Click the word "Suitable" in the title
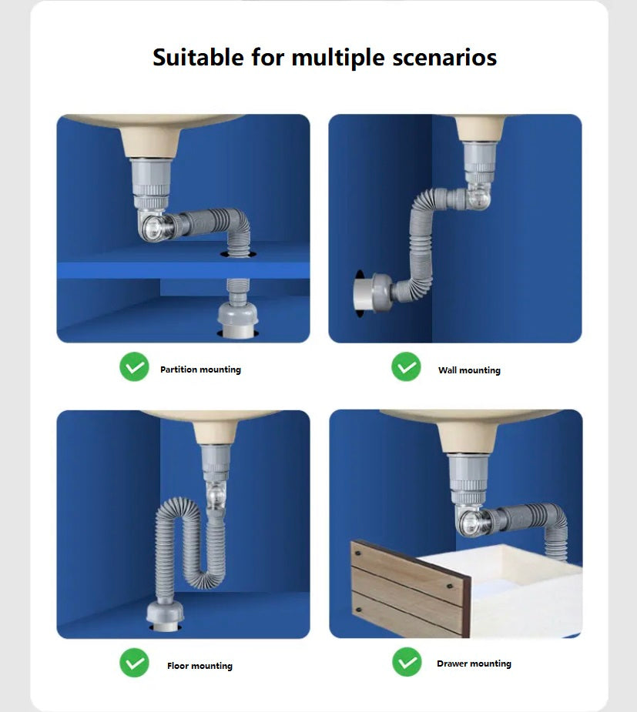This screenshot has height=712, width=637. pos(198,57)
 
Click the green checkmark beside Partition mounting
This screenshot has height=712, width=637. pos(135,366)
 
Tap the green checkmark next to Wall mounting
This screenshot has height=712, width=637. pos(406,366)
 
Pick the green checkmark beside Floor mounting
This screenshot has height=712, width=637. pos(135,663)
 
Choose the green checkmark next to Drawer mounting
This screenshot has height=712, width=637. pos(407,662)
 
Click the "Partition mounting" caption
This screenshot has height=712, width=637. pos(200,369)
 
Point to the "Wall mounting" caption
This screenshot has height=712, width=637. pos(469,370)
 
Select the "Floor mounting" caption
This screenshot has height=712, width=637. pos(200,666)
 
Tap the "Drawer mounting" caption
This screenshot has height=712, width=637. pos(474,664)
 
